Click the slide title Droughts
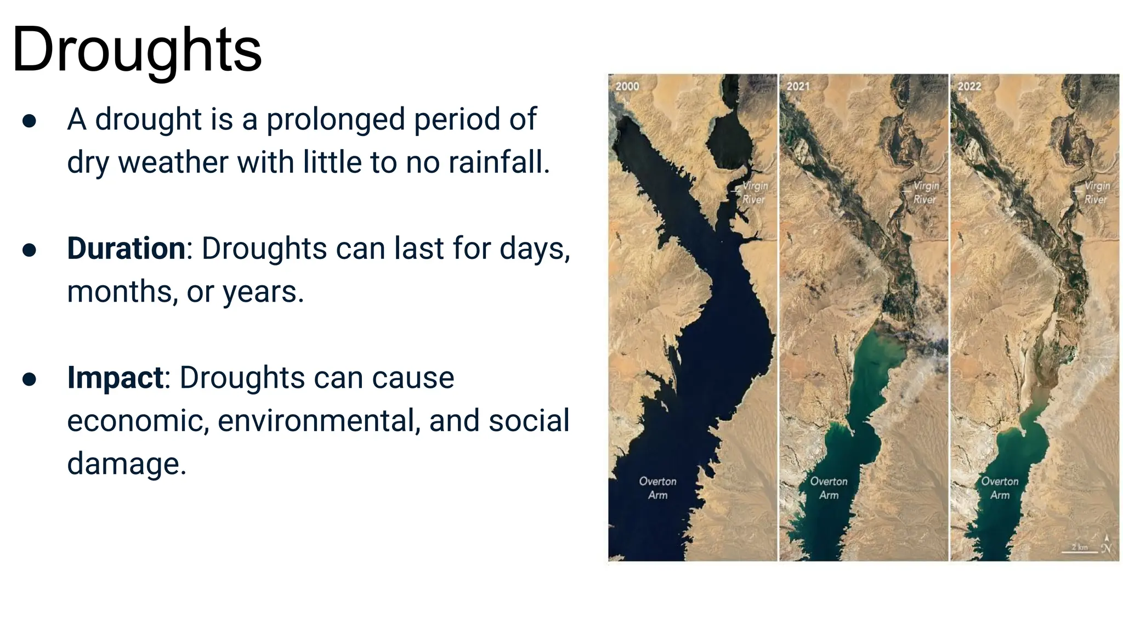pyautogui.click(x=137, y=50)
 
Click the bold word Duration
pyautogui.click(x=126, y=249)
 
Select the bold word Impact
pyautogui.click(x=115, y=377)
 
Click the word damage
pyautogui.click(x=127, y=464)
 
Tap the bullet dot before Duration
pyautogui.click(x=30, y=250)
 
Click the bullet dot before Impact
pyautogui.click(x=30, y=379)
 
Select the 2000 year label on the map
pyautogui.click(x=627, y=87)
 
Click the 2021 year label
pyautogui.click(x=798, y=87)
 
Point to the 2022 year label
pyautogui.click(x=969, y=87)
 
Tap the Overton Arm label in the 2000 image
pyautogui.click(x=657, y=488)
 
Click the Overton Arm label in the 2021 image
pyautogui.click(x=829, y=488)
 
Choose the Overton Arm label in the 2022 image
pyautogui.click(x=1000, y=488)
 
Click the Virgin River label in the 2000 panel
pyautogui.click(x=755, y=193)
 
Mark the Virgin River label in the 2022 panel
pyautogui.click(x=1097, y=193)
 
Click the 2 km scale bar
pyautogui.click(x=1079, y=549)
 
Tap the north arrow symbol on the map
pyautogui.click(x=1107, y=544)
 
